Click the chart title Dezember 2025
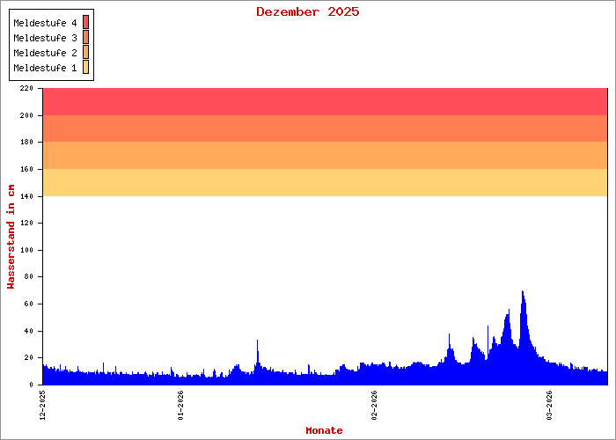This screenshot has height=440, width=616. [x=307, y=11]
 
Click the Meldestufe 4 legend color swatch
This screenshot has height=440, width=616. [x=86, y=22]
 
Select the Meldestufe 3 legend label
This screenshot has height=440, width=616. [x=45, y=38]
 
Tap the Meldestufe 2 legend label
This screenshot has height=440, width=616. [x=45, y=53]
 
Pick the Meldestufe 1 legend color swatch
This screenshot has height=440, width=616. [x=86, y=68]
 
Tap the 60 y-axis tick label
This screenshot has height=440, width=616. [x=27, y=304]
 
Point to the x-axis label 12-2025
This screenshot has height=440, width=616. [x=43, y=406]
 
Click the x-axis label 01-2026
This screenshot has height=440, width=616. [x=179, y=406]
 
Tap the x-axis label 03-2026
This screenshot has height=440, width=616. [x=548, y=406]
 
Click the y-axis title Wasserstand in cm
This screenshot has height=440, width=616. [x=11, y=236]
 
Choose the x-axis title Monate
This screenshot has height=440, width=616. [x=324, y=430]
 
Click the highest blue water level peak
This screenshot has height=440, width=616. [x=523, y=293]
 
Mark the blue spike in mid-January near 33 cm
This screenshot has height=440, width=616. [x=257, y=342]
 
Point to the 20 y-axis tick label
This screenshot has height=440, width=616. [x=27, y=358]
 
